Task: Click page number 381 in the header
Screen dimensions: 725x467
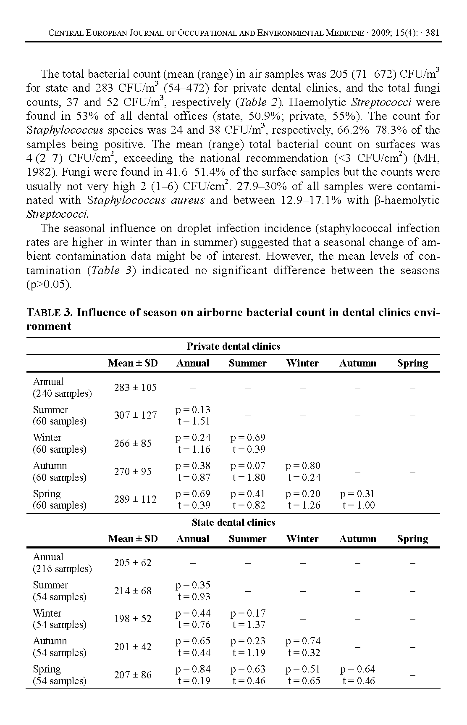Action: click(432, 33)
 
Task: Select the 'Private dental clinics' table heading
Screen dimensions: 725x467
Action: click(233, 346)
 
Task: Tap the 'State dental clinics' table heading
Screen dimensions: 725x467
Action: click(233, 522)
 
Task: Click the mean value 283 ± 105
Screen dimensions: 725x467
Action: click(135, 388)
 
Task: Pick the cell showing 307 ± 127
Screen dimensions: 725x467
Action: click(135, 415)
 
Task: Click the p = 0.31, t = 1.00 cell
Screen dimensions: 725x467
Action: click(357, 499)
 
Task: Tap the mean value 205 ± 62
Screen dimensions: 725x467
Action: click(133, 563)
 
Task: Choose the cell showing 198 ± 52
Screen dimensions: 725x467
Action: click(133, 619)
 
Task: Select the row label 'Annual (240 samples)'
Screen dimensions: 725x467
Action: click(62, 388)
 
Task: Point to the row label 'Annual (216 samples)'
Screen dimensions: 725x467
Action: click(62, 563)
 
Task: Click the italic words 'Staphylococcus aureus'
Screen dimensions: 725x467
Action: click(146, 200)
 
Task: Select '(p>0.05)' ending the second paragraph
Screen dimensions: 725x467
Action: click(49, 285)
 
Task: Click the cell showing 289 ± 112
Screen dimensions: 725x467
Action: click(135, 499)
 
